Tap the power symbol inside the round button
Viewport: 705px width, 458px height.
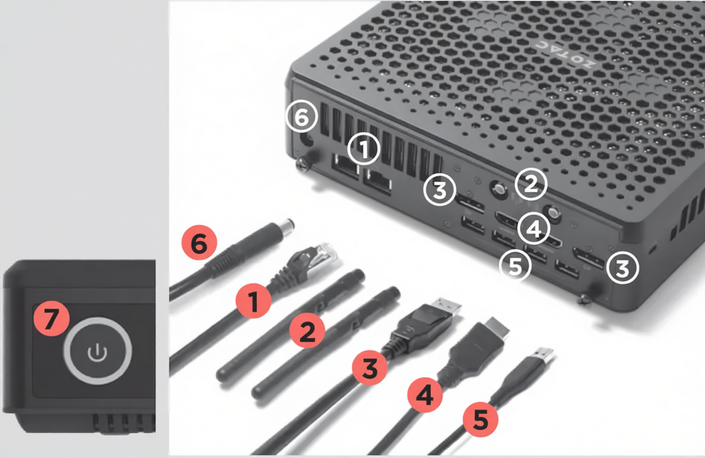click(97, 351)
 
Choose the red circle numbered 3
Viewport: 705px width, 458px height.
click(370, 369)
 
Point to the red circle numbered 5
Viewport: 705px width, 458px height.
click(480, 421)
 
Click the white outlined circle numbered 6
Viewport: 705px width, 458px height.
click(301, 117)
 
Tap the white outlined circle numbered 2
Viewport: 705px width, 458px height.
click(530, 184)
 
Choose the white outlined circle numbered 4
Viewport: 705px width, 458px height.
click(533, 228)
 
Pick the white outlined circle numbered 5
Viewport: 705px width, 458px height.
click(514, 266)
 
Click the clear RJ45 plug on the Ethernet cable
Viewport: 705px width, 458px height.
click(327, 252)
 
